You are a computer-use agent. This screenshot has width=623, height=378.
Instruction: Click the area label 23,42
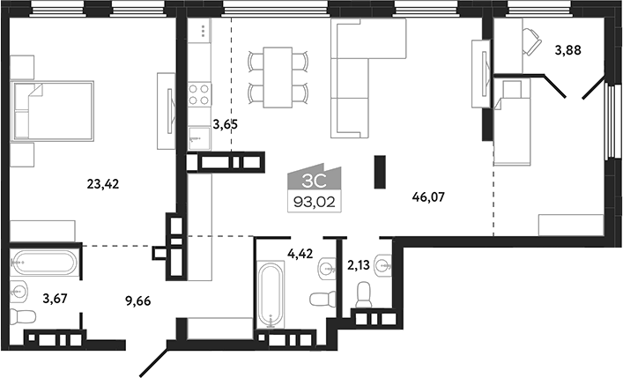pos(104,184)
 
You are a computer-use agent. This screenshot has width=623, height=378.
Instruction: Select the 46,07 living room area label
pos(427,198)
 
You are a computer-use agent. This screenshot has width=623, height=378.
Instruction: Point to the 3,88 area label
pos(568,50)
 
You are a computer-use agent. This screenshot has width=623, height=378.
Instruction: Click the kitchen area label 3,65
pos(226,125)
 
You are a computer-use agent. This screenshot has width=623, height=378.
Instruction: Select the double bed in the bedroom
pos(54,111)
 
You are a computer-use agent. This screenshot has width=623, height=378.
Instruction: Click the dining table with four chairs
pos(278,77)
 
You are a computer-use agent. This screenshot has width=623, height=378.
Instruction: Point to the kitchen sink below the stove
pos(197,137)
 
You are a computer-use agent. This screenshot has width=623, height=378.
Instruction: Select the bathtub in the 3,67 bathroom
pos(45,263)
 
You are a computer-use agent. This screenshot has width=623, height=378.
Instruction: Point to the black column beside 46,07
pos(380,171)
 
